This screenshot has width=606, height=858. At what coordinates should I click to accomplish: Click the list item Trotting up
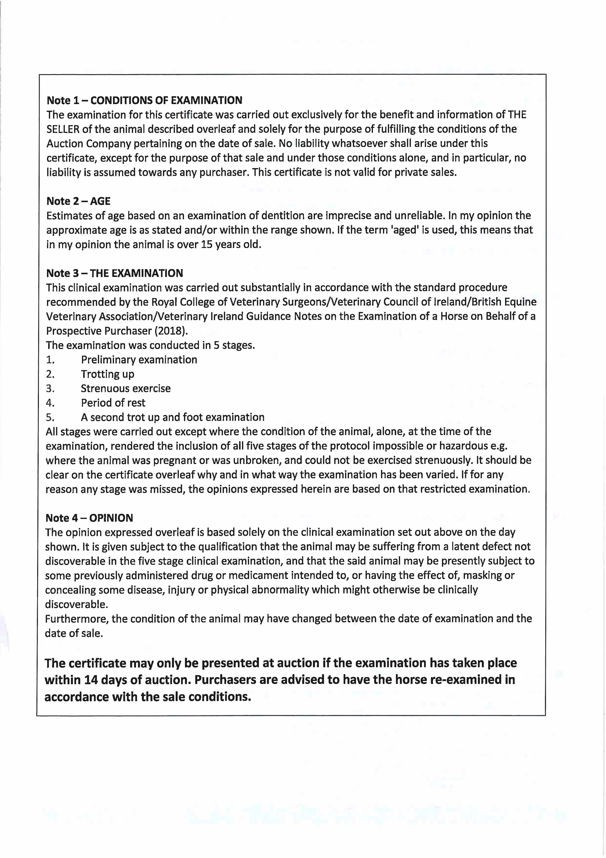click(108, 374)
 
